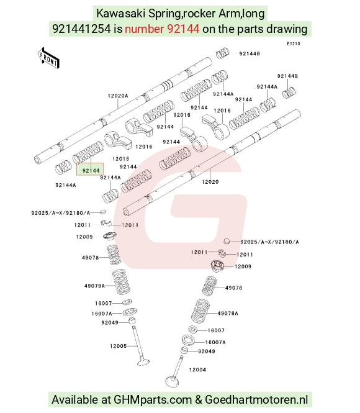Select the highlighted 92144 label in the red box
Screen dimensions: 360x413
(x=91, y=170)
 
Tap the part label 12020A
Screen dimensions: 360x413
(x=118, y=96)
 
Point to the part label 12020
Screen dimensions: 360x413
(x=210, y=182)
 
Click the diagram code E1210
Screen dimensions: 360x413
(x=294, y=43)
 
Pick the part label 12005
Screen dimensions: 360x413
(x=119, y=346)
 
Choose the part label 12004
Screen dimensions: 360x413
(x=197, y=370)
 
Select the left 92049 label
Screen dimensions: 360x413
(x=110, y=322)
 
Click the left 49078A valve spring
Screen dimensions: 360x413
(x=121, y=282)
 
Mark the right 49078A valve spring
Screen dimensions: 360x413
(x=200, y=311)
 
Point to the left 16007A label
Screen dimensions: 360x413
(x=102, y=314)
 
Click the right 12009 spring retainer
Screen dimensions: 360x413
(x=217, y=266)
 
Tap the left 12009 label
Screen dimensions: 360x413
(x=84, y=237)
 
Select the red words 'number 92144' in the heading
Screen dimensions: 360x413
(x=162, y=29)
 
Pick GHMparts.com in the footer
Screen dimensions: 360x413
(x=153, y=399)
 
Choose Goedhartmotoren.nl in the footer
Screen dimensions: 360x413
(x=256, y=399)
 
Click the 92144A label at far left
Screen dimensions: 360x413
(x=66, y=185)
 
